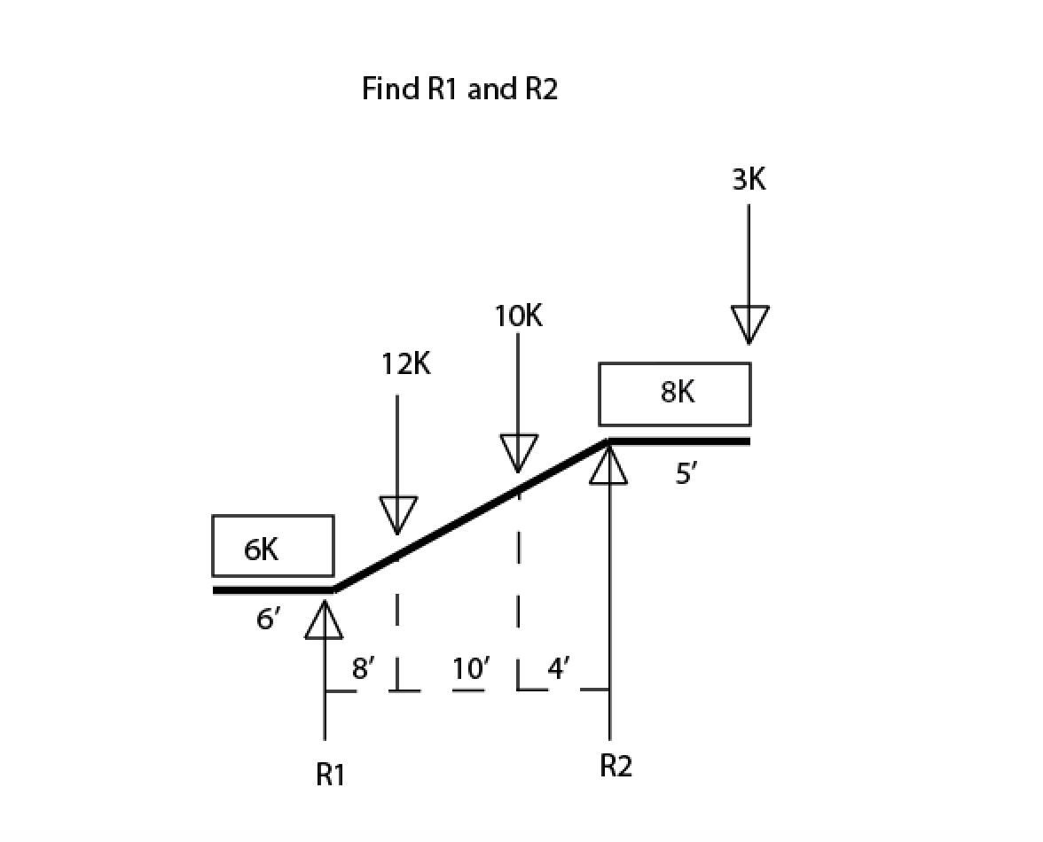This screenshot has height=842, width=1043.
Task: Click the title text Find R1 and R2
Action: coord(460,90)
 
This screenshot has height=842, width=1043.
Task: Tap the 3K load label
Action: coord(749,180)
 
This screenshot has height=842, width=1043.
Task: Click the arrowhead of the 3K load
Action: coord(749,324)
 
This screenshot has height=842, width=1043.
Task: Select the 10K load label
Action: coord(518,316)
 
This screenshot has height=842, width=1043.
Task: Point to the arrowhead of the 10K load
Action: coord(519,452)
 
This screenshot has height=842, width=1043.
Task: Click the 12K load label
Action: coord(406,364)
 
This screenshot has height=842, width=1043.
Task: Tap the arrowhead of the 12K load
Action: coord(397,515)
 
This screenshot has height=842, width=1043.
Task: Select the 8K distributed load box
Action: coord(675,394)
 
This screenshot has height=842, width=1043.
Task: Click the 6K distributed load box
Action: coord(273,546)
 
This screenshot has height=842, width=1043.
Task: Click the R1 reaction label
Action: coord(330,776)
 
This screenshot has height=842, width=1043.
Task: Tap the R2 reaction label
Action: coord(616,766)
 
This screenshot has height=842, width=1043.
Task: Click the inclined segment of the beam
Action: coord(470,515)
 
